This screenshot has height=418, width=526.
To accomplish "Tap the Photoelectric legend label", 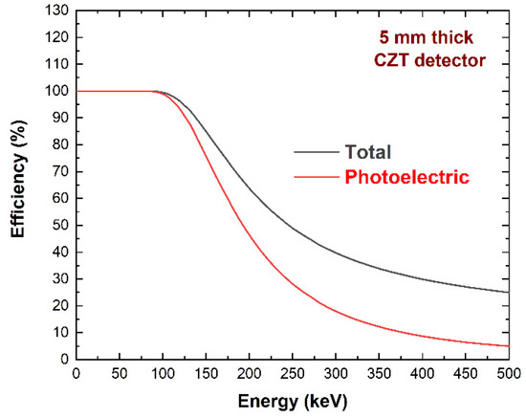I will (405, 177).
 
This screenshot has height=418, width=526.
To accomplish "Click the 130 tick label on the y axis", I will (55, 11).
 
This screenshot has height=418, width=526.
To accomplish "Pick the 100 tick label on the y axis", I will (55, 91).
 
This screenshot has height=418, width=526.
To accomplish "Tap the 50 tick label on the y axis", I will (59, 226).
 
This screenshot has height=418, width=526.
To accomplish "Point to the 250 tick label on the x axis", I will (293, 374).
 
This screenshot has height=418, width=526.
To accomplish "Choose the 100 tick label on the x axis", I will (163, 374).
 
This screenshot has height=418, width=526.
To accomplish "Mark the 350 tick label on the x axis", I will (379, 374).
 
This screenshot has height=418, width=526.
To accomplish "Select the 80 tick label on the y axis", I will (59, 145).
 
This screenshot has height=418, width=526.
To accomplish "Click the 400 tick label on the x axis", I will (422, 374).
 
